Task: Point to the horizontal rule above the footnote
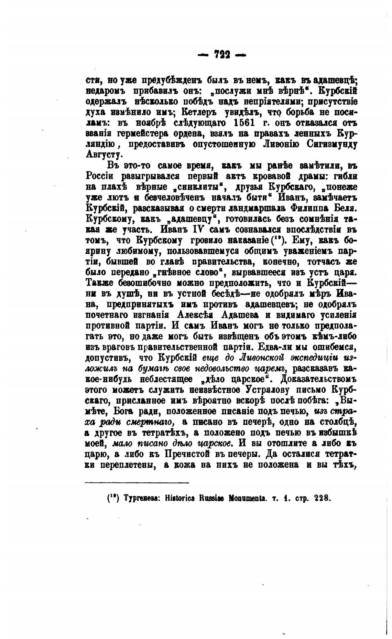(x=137, y=483)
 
